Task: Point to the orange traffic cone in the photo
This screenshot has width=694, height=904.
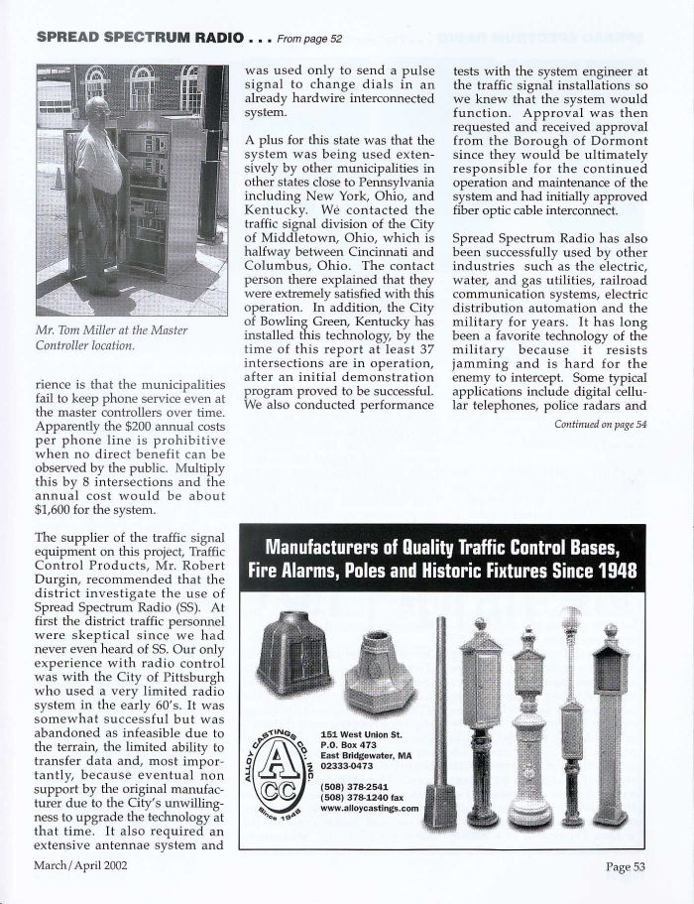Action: click(58, 180)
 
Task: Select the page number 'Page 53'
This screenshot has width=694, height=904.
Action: click(625, 866)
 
